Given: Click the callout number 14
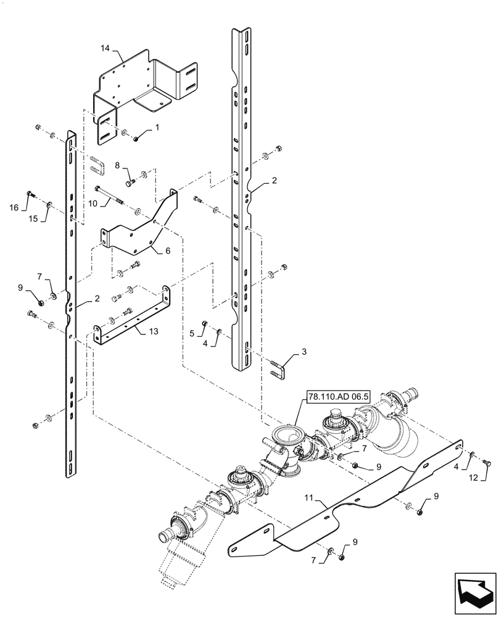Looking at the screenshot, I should (106, 48).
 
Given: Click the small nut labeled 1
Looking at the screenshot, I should (136, 136).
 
